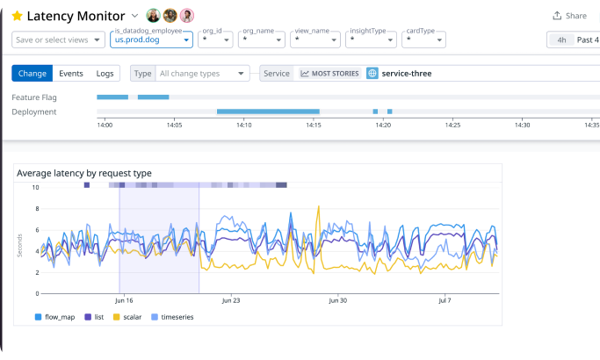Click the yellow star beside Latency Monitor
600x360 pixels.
[x=18, y=16]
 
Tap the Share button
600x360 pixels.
[x=569, y=16]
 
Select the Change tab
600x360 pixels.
[x=33, y=74]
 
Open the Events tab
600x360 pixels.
[x=71, y=74]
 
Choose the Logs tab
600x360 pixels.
[x=105, y=74]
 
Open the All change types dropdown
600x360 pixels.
[x=202, y=74]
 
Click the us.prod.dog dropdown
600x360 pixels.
[x=151, y=40]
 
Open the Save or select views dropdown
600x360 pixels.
[x=58, y=40]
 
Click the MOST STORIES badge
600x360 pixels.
[x=329, y=74]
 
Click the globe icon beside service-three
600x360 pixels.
[x=372, y=74]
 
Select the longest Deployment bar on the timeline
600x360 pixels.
[x=268, y=112]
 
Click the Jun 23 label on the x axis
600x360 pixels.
[x=231, y=300]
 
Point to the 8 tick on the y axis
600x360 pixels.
[x=37, y=208]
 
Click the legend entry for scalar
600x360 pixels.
[x=127, y=317]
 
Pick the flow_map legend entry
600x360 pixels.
[x=54, y=317]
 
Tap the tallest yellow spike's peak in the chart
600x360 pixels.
[x=318, y=206]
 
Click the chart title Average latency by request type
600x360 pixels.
[x=84, y=173]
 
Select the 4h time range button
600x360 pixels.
[x=561, y=40]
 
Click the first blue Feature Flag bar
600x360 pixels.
[x=112, y=97]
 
